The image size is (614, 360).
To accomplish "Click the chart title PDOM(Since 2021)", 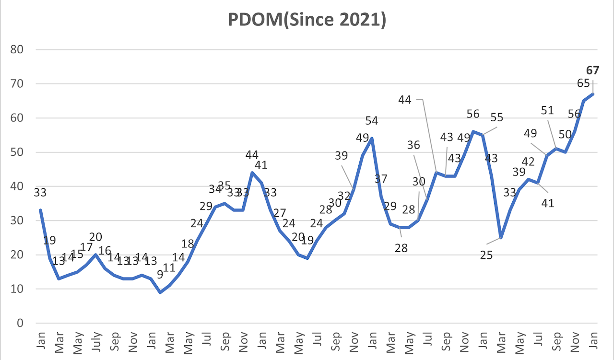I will click(x=307, y=21).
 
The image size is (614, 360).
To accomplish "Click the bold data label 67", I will click(x=593, y=70).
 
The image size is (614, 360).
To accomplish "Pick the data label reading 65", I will click(x=583, y=83).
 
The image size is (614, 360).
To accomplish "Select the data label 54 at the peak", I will click(x=371, y=120).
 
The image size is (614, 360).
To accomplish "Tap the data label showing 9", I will click(x=160, y=275).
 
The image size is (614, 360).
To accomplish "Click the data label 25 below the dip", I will click(x=486, y=255).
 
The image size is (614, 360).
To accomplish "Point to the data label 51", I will click(x=547, y=111).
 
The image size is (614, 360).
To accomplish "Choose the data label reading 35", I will click(x=224, y=186).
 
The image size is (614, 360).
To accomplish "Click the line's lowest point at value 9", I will click(x=160, y=292).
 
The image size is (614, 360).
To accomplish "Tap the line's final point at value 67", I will click(x=593, y=94).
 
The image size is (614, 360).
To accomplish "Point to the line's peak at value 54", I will click(x=372, y=138).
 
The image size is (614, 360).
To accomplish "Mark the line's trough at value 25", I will click(x=501, y=237).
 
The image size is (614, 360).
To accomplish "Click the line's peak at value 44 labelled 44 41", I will click(x=252, y=173).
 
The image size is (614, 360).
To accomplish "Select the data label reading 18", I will click(x=187, y=244).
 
